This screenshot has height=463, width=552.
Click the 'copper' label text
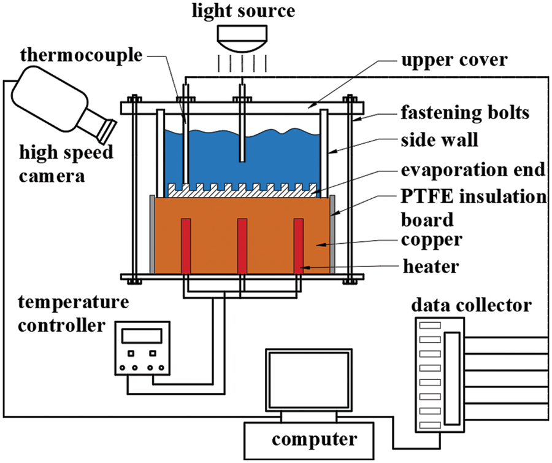(432, 239)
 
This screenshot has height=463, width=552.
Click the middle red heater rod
(242, 246)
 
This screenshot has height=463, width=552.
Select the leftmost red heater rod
(186, 246)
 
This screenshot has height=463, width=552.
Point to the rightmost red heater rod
(299, 246)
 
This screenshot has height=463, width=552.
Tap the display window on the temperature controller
(142, 335)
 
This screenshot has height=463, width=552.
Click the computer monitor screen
(309, 381)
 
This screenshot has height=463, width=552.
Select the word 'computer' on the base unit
(314, 440)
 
